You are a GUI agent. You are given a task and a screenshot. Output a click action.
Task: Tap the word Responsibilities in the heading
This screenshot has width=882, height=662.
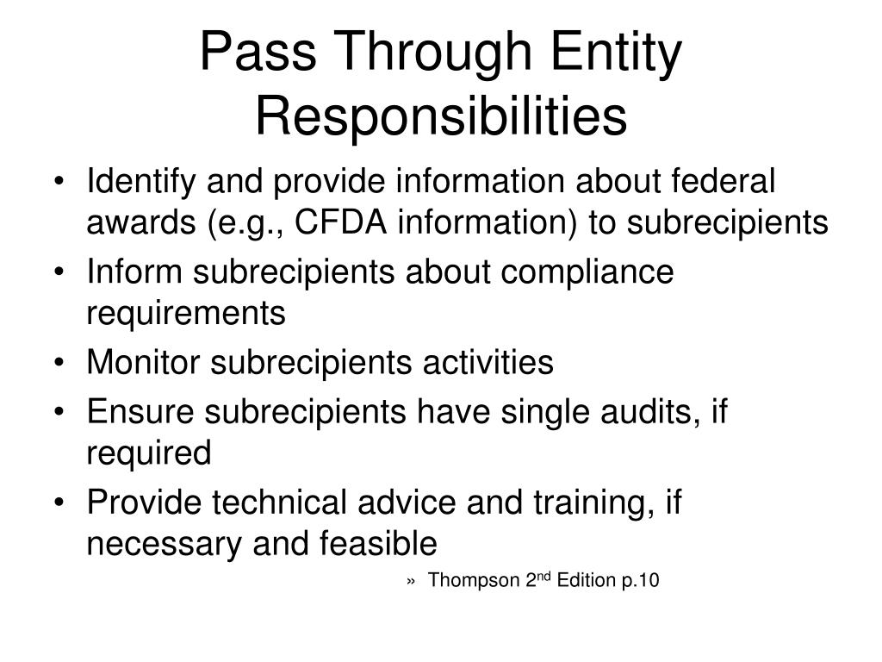(441, 117)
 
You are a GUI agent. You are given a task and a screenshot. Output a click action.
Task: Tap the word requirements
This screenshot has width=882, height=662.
(185, 314)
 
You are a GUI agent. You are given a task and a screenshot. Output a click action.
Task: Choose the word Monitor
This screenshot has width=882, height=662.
(143, 363)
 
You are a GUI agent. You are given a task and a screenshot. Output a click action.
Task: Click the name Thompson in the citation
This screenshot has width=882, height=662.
(474, 580)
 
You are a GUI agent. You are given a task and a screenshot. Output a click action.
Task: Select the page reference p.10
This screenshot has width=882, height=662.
(639, 580)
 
